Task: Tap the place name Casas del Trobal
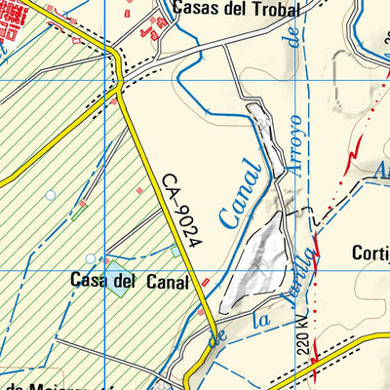tap(227, 8)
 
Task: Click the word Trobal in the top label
tap(255, 8)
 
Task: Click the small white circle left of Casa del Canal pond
tap(91, 258)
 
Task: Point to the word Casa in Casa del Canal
tap(88, 281)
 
